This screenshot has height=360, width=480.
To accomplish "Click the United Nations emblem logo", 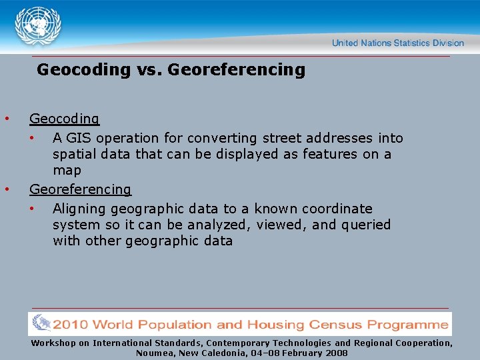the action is point(38,26).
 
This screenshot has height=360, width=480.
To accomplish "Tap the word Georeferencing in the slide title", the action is point(236,70).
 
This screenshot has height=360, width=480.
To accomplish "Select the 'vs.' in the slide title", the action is point(149,70).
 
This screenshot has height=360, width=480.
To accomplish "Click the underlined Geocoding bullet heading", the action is point(64,119).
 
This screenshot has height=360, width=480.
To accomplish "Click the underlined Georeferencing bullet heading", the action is point(81,189).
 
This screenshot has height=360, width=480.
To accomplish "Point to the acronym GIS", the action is point(79,138).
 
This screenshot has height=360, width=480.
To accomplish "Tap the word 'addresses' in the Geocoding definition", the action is point(339,138).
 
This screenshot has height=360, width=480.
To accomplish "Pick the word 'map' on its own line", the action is point(67,171).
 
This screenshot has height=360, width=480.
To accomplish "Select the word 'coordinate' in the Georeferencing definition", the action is point(337,209).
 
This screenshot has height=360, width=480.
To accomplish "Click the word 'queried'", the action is point(366,225).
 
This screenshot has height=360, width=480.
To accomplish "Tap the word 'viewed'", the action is point(281,225).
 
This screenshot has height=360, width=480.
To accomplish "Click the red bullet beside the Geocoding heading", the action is point(7,119).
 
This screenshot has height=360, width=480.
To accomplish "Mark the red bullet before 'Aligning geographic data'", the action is point(32,209).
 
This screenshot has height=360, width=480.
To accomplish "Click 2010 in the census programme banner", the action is point(70,325).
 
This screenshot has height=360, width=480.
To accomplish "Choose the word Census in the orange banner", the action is point(335,325).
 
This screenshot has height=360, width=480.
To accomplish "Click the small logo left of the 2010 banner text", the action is point(41,323).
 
